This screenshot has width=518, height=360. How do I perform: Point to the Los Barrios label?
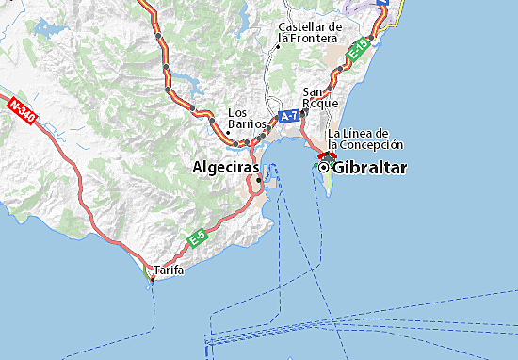tap(247, 119)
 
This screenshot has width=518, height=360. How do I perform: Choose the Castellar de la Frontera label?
tap(310, 32)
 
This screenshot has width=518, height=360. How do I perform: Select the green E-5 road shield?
tap(197, 239)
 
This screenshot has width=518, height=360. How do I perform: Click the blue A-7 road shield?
tap(288, 116)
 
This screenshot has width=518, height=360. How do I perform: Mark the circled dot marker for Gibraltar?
tap(324, 167)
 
